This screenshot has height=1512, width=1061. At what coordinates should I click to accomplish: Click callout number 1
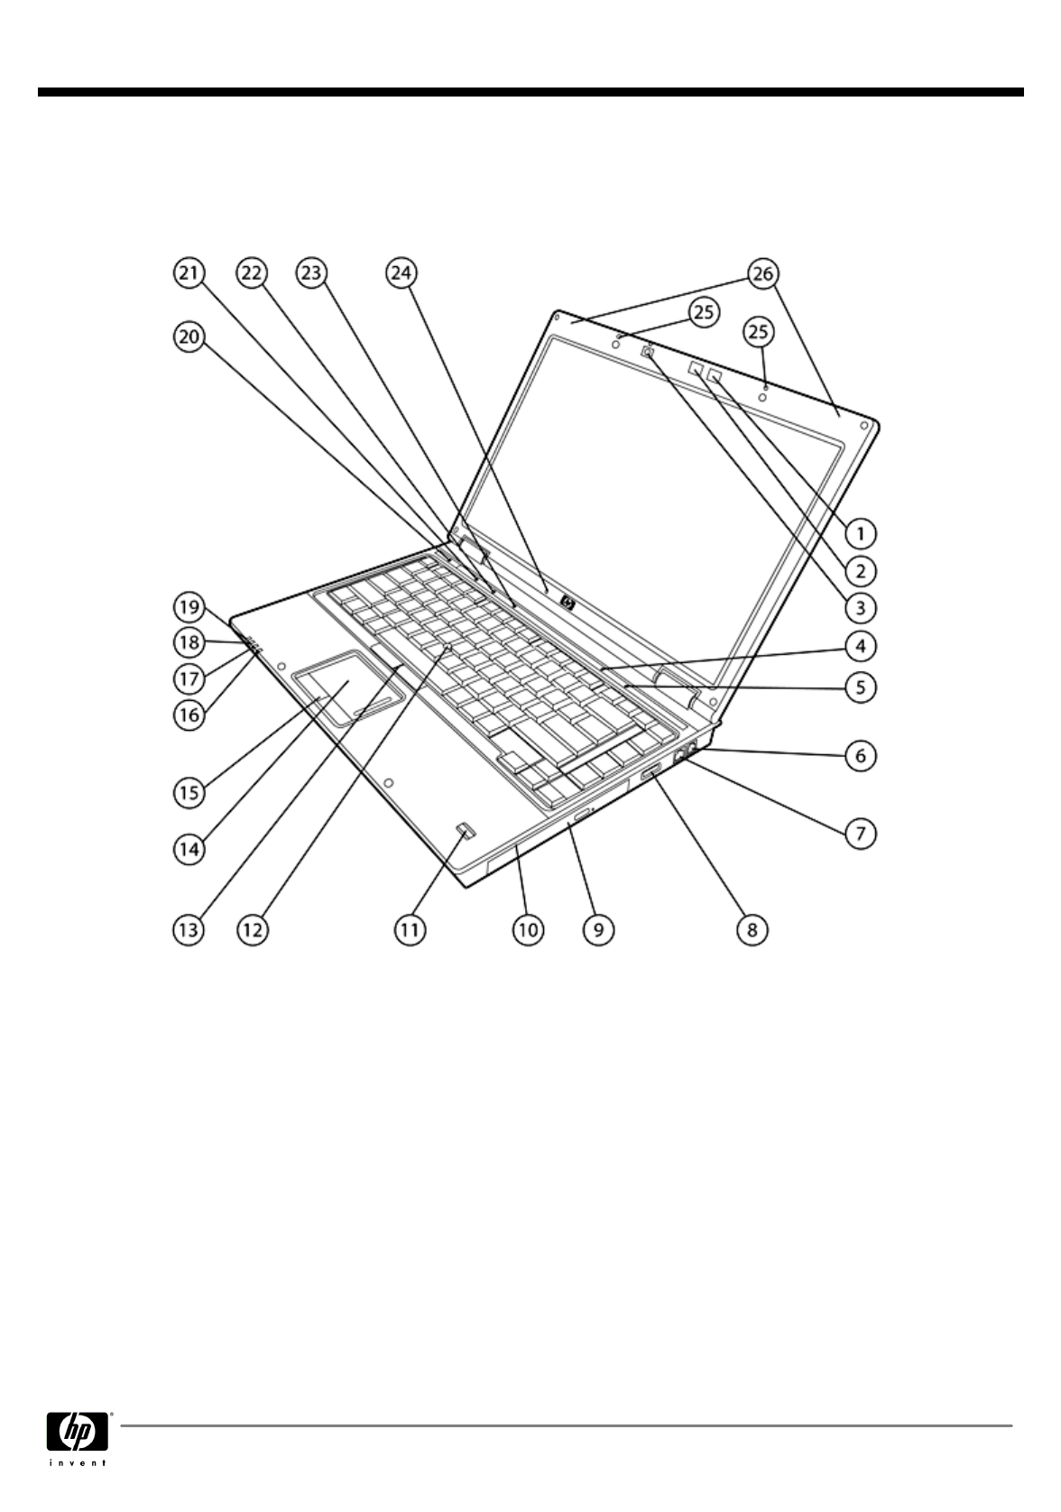click(x=861, y=533)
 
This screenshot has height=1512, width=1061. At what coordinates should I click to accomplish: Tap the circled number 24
click(x=401, y=272)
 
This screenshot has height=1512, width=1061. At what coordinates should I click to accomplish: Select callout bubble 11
click(x=410, y=928)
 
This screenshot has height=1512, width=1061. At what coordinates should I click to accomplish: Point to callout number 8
click(x=752, y=928)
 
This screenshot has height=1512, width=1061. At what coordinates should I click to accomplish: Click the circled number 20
click(x=190, y=337)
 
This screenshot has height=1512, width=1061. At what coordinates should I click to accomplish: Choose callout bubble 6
click(x=861, y=754)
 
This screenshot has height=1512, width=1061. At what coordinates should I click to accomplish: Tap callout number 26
click(x=763, y=272)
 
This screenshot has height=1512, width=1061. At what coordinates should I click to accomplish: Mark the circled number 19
click(x=190, y=604)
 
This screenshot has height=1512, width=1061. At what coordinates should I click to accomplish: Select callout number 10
click(x=528, y=928)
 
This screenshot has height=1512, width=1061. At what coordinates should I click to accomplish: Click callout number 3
click(x=861, y=607)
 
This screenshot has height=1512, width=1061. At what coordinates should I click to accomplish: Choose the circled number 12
click(x=252, y=928)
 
